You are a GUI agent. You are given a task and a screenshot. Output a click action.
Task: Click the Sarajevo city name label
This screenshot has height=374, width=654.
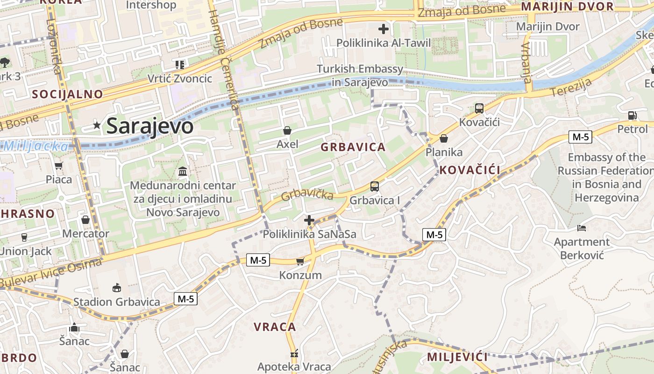149,126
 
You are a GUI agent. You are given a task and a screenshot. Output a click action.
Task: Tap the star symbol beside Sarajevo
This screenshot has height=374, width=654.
97,125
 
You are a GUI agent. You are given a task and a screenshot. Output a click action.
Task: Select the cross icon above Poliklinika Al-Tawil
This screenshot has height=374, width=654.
383,29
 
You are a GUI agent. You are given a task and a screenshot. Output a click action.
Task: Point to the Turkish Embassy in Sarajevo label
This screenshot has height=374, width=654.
360,75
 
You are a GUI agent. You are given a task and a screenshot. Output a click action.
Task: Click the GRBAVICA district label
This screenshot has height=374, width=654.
353,147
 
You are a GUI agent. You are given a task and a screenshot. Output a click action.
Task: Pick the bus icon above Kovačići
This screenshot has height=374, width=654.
479,108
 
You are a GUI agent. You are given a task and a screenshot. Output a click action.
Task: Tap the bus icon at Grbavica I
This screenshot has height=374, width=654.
374,187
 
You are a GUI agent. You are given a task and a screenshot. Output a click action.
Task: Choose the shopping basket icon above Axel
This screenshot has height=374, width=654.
287,130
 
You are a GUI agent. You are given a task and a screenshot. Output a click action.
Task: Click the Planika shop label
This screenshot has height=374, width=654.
444,152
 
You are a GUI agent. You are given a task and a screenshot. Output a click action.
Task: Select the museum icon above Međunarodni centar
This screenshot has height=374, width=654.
183,171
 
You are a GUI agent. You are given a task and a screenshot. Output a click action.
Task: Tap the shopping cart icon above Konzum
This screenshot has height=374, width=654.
300,261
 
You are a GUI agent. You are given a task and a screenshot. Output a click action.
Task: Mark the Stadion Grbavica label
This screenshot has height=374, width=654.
117,302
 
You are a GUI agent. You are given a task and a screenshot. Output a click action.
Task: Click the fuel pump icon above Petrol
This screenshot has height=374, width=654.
632,115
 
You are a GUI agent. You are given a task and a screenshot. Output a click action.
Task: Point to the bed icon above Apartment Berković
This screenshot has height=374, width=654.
581,228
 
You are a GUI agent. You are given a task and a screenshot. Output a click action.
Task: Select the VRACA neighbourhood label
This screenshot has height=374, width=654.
275,327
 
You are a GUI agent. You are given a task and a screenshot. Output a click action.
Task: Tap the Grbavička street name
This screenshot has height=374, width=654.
307,194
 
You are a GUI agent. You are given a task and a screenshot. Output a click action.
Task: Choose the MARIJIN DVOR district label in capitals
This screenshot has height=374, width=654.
567,7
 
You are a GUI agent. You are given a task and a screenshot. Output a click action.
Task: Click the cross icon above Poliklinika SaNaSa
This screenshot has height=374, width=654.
309,220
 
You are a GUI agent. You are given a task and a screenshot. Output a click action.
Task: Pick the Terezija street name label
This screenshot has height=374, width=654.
571,88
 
